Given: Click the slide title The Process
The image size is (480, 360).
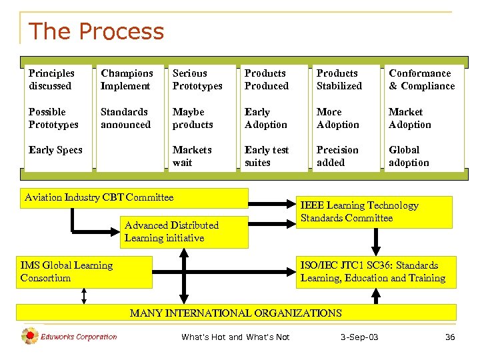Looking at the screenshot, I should tap(96, 31).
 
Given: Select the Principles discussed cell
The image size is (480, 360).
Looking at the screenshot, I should tap(51, 79).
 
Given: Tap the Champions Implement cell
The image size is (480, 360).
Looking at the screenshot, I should tap(127, 79).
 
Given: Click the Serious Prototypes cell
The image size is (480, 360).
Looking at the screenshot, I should tap(197, 79).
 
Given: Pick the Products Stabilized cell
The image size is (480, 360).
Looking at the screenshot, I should tap(339, 79).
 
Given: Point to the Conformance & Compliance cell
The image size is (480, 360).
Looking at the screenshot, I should tap(421, 79).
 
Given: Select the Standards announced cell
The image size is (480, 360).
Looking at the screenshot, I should tap(125, 118).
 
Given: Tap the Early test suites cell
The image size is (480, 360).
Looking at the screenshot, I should tap(267, 157).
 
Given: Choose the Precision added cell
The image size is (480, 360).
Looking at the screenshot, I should tap(337, 157).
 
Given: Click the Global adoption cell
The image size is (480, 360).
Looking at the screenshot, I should tap(409, 157).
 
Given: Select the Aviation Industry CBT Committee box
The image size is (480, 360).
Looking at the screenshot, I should tap(99, 197).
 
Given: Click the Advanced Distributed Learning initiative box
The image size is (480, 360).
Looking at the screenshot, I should tap(171, 232).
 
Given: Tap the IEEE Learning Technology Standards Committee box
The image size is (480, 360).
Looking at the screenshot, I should tap(360, 212).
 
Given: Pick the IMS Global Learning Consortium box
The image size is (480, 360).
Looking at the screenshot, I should tap(67, 271).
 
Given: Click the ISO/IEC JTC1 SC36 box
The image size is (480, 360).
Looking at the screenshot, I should tap(373, 271).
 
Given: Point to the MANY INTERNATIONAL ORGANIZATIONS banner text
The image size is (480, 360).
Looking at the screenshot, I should tap(235, 313).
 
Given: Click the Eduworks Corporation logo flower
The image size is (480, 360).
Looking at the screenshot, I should tap(30, 337).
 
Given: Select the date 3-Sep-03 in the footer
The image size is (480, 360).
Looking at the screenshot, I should tap(359, 337).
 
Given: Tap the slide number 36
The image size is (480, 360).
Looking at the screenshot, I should tap(450, 337).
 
